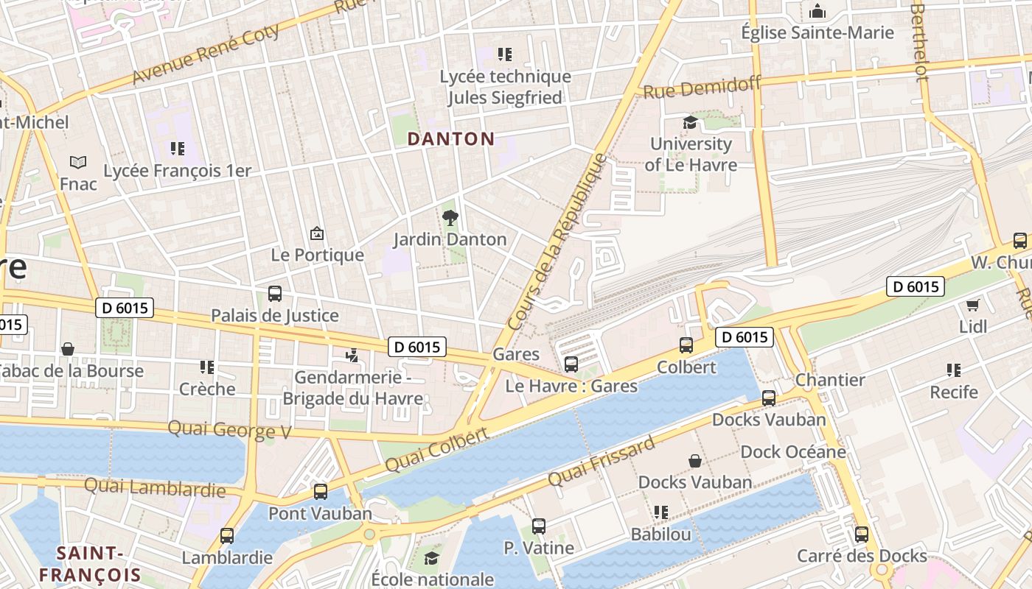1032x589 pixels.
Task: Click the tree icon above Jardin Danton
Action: click(450, 217)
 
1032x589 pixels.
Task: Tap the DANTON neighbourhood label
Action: click(451, 138)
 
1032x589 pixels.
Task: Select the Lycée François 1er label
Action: click(177, 171)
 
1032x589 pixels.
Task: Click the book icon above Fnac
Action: click(78, 162)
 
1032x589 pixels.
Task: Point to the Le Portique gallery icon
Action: click(317, 233)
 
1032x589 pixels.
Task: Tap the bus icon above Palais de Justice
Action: click(275, 294)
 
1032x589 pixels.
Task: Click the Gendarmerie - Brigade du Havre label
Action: click(353, 388)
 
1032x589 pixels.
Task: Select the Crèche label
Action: click(207, 389)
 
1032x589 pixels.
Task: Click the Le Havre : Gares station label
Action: click(571, 386)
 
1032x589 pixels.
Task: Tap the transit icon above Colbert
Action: click(686, 345)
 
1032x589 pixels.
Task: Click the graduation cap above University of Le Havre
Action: click(690, 122)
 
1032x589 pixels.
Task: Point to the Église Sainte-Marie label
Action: click(817, 32)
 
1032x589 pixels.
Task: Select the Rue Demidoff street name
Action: click(702, 88)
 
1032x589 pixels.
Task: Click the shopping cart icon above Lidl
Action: click(972, 305)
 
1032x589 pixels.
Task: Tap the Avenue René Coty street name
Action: click(206, 54)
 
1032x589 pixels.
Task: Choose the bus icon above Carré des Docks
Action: click(862, 535)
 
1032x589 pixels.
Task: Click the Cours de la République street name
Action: click(559, 241)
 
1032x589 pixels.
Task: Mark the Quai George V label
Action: click(230, 429)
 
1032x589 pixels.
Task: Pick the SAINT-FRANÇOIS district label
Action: click(90, 564)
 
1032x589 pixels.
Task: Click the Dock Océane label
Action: click(792, 451)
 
